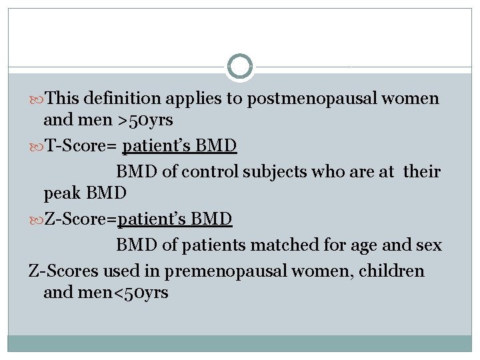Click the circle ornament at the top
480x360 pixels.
(240, 67)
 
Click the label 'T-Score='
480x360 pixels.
(80, 146)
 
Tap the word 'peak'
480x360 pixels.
(61, 193)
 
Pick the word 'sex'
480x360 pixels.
(428, 245)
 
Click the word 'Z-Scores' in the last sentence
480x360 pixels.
(61, 272)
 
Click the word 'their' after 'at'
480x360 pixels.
(422, 172)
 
